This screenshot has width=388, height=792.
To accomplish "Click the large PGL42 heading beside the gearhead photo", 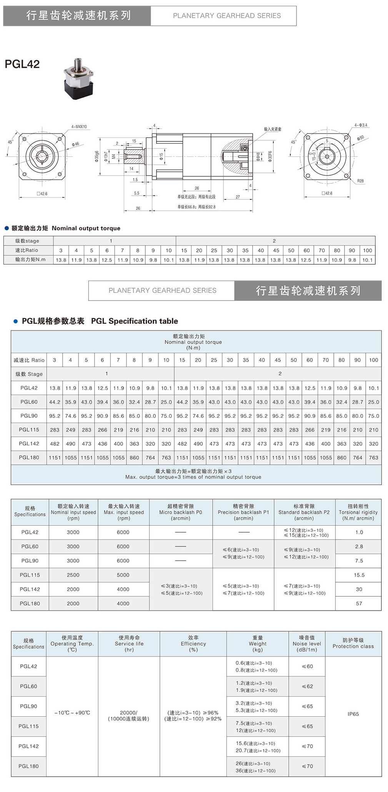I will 22,64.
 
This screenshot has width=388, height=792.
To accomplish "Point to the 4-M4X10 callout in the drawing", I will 79,127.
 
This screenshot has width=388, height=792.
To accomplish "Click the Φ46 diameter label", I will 75,144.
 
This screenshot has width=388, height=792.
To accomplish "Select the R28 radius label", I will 360,181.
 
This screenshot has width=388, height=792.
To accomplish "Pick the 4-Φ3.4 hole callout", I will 361,125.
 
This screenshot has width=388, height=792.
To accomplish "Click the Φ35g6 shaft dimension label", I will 97,156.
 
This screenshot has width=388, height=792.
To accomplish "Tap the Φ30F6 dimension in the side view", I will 270,156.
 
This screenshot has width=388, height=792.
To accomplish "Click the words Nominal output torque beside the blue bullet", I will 86,228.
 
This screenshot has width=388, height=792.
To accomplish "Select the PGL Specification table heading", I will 134,321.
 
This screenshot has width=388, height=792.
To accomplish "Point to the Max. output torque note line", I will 193,477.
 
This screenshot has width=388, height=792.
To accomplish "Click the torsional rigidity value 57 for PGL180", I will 359,603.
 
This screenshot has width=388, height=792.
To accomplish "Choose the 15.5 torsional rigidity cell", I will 359,575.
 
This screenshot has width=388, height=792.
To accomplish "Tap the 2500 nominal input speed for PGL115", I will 73,575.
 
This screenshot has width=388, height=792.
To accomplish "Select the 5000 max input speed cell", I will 123,575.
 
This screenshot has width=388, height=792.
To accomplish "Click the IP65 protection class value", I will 353,714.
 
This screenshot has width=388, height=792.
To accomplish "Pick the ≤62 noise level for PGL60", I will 307,686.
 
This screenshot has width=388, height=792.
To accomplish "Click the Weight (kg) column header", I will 257,644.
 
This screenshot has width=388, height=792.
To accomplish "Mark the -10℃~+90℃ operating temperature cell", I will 72,713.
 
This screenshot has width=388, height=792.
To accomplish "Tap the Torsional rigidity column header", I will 358,512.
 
